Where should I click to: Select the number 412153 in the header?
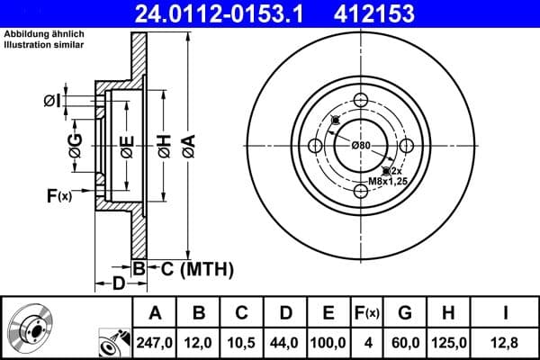402,13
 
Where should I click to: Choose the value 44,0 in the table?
285,343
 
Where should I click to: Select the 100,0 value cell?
329,343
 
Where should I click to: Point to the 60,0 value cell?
406,343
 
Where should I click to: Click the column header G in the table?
406,313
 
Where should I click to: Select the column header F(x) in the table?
369,313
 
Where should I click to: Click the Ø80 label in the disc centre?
361,146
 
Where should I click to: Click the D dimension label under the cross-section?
119,284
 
